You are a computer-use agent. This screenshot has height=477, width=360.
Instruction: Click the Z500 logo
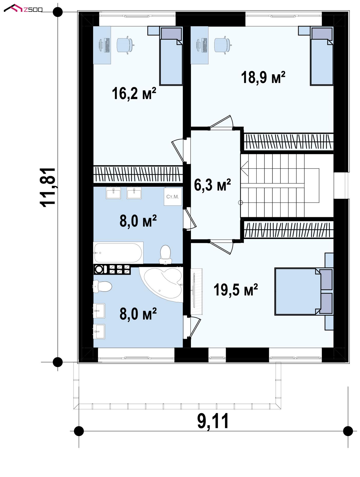(23, 8)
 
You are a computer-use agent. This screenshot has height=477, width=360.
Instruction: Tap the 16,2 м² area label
(134, 93)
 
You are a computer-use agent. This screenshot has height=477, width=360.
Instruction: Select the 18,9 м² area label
(263, 78)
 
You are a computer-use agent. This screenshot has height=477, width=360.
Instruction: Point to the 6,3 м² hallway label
(212, 185)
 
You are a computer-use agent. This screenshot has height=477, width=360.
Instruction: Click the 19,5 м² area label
(236, 290)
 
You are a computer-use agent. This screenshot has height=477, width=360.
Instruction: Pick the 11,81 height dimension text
(48, 187)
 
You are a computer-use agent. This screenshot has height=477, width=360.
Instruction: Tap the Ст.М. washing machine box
(173, 197)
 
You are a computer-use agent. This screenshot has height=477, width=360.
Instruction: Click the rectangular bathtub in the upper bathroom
(118, 253)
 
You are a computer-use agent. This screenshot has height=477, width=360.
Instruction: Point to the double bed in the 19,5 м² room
(304, 291)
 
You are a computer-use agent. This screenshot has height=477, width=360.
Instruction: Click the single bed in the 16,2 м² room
(171, 56)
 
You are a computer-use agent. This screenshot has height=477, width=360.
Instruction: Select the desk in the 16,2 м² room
(102, 45)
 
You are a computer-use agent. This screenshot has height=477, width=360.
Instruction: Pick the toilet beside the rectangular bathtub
(166, 254)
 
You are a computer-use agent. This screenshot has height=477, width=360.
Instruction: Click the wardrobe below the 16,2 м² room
(138, 175)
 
